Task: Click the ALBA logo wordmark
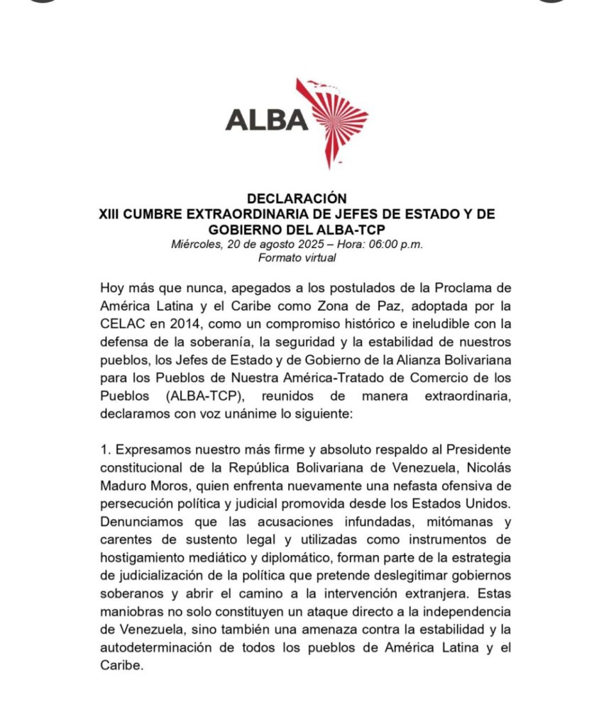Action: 267,118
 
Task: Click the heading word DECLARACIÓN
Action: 297,200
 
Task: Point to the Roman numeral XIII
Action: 110,215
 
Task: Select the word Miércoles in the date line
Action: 195,245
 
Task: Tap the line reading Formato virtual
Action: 297,258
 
